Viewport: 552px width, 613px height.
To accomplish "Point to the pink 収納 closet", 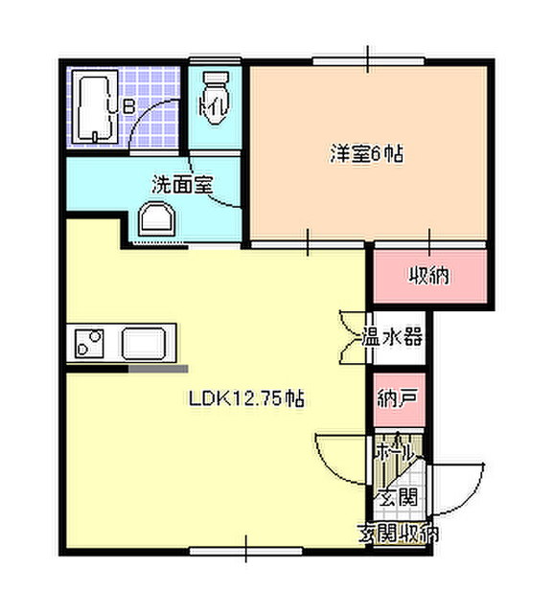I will click(431, 277).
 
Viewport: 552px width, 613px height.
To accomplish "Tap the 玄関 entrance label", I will click(396, 496).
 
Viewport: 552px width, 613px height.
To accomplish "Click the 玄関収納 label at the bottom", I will click(399, 533).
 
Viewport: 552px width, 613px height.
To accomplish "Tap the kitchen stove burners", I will click(90, 342).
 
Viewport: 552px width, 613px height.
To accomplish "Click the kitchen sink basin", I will click(148, 342).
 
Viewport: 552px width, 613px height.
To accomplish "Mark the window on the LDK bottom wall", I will click(245, 552).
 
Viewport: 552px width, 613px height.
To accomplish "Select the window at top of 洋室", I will click(368, 60).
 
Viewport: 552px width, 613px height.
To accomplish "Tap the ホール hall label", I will click(393, 448).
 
